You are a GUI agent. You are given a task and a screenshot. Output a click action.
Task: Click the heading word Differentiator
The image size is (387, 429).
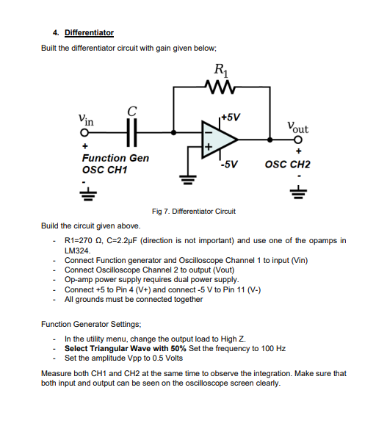(x=89, y=32)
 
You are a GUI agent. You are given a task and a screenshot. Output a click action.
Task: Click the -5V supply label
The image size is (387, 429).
(x=228, y=163)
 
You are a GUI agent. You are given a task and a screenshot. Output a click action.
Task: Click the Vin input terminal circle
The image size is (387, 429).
(x=84, y=133)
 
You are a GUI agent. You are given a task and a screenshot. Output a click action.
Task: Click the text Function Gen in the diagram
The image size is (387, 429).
(x=115, y=158)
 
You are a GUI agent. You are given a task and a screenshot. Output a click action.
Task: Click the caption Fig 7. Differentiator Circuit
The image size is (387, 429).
(x=193, y=211)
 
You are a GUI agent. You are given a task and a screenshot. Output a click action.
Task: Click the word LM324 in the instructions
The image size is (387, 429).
(x=77, y=250)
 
